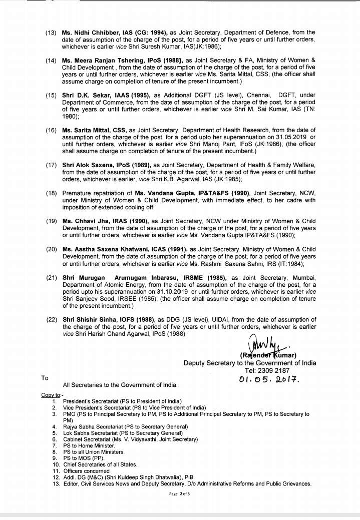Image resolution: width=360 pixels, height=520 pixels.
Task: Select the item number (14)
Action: [51, 61]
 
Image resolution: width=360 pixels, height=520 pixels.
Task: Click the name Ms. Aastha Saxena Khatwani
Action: [106, 249]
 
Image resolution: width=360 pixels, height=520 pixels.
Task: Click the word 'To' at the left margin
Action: [45, 378]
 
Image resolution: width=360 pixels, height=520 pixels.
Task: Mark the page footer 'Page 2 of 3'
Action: [180, 494]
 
